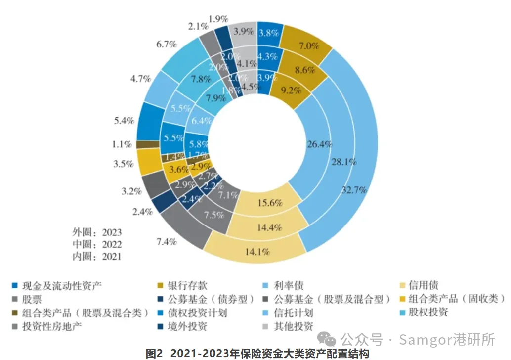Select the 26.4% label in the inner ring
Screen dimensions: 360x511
tap(319, 145)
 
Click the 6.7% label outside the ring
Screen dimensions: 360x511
tap(166, 45)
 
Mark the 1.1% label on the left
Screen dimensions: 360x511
tap(121, 144)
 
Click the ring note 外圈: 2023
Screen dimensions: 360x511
tap(97, 232)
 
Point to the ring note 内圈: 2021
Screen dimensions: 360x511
tap(97, 256)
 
